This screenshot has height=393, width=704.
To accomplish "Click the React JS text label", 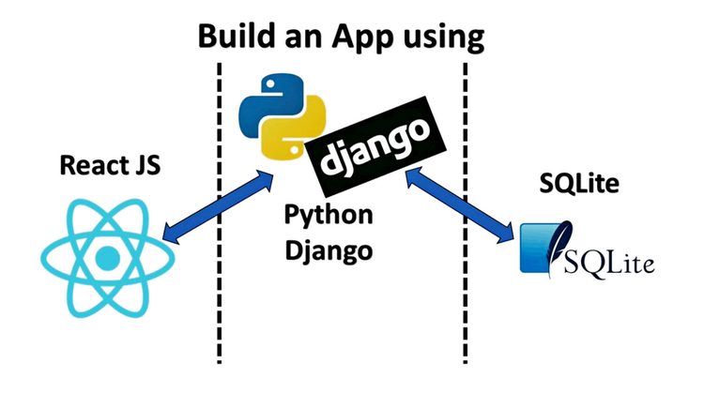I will pos(110,166).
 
